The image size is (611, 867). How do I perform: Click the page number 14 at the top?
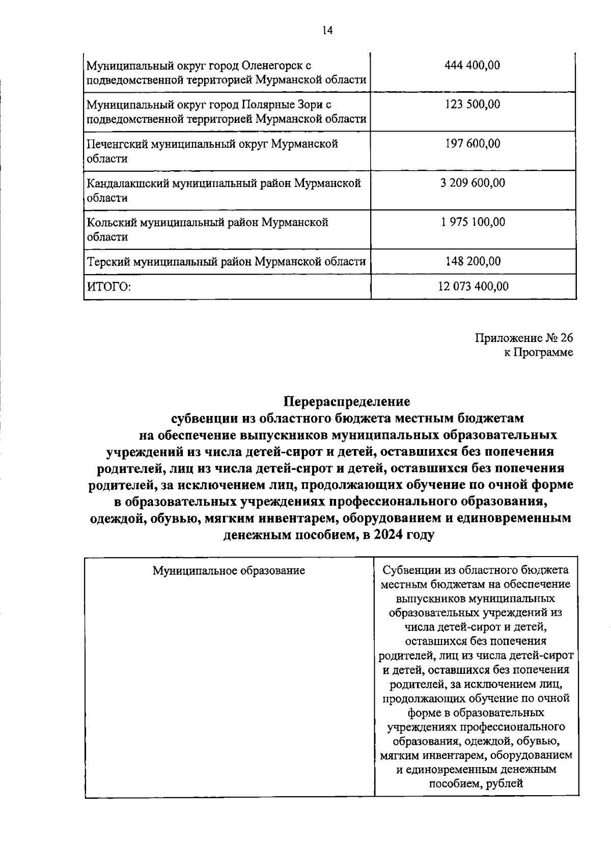[327, 31]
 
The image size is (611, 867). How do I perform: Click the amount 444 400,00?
[473, 65]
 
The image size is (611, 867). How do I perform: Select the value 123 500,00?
[473, 104]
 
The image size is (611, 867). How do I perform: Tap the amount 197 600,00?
[473, 144]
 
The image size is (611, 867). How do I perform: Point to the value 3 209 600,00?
[473, 183]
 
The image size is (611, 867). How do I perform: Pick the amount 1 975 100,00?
[473, 222]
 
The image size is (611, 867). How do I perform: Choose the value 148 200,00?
[473, 261]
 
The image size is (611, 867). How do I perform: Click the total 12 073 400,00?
[473, 286]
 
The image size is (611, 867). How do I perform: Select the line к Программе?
[538, 353]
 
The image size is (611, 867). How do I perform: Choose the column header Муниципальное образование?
[229, 570]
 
